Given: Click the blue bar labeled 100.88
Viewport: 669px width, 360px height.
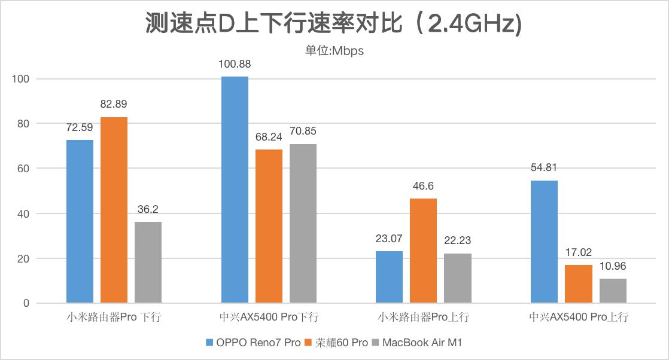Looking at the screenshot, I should [235, 190].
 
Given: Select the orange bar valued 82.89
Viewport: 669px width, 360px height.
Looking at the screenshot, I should [114, 210].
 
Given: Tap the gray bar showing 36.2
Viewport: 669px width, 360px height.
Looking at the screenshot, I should [148, 263].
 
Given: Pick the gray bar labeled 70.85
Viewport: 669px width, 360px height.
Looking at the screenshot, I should [303, 224].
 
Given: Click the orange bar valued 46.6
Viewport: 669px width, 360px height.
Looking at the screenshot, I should [424, 251].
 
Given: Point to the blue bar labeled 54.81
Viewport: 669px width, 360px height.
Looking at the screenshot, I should [545, 242].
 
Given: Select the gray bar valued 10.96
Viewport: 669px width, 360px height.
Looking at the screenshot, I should [613, 291].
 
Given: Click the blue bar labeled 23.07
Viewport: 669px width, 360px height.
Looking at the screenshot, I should [389, 277].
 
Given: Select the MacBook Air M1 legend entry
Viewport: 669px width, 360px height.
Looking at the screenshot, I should [416, 343].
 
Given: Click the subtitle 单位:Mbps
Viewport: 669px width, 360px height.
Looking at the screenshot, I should [334, 51].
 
